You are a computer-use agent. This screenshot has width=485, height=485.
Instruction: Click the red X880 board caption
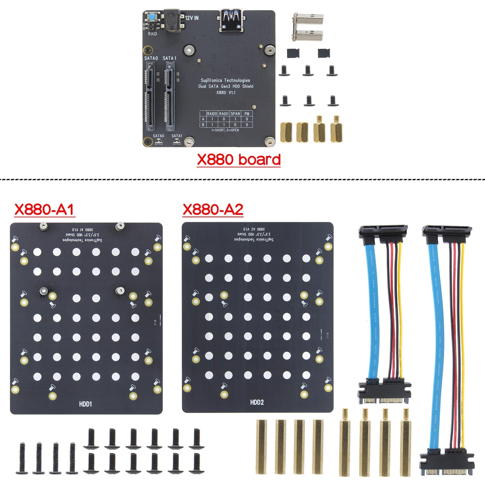pyautogui.click(x=238, y=159)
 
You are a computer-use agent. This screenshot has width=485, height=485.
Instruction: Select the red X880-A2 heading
pyautogui.click(x=213, y=209)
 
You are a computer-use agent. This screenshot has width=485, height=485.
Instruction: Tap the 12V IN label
pyautogui.click(x=192, y=18)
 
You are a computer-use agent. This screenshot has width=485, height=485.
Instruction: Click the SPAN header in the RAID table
pyautogui.click(x=235, y=114)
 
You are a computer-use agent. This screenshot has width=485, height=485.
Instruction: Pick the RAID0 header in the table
pyautogui.click(x=212, y=114)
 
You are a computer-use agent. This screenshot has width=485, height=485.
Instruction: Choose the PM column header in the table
pyautogui.click(x=247, y=114)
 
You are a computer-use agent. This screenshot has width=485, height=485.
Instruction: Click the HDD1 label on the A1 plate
pyautogui.click(x=86, y=404)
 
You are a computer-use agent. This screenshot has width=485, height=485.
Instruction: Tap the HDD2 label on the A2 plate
pyautogui.click(x=257, y=402)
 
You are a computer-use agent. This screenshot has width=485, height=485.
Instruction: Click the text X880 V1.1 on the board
pyautogui.click(x=226, y=92)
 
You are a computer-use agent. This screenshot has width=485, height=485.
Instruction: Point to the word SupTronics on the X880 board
pyautogui.click(x=211, y=80)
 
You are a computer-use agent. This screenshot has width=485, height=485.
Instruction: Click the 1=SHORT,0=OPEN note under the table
pyautogui.click(x=225, y=130)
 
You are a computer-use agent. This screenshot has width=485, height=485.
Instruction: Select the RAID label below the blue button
pyautogui.click(x=152, y=34)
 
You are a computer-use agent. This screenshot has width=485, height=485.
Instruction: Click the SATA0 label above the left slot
pyautogui.click(x=151, y=58)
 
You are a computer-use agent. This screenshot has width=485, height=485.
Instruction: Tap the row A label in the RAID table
pyautogui.click(x=203, y=119)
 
